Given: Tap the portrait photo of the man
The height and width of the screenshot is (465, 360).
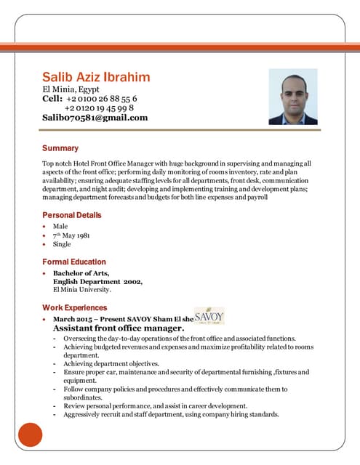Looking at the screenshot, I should pyautogui.click(x=292, y=97).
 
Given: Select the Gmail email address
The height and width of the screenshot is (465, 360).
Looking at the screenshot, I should pyautogui.click(x=95, y=117).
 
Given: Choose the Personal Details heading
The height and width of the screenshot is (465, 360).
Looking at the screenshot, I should pyautogui.click(x=71, y=215).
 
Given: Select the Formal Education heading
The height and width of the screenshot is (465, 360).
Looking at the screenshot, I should pyautogui.click(x=73, y=262).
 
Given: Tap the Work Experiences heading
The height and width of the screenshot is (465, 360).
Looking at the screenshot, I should pyautogui.click(x=74, y=307).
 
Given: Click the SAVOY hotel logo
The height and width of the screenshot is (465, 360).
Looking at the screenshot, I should pyautogui.click(x=209, y=318).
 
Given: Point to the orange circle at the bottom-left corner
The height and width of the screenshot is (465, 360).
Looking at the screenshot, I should pyautogui.click(x=30, y=434).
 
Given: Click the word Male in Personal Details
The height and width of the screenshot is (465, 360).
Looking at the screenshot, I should pyautogui.click(x=60, y=227).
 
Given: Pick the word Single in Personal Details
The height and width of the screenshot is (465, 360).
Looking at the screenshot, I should pyautogui.click(x=63, y=244).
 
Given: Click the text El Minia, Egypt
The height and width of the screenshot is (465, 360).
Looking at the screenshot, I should pyautogui.click(x=73, y=89).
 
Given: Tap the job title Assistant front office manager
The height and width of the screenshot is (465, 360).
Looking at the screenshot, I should pyautogui.click(x=118, y=328).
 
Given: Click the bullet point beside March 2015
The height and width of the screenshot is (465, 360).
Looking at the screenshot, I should pyautogui.click(x=46, y=320).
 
